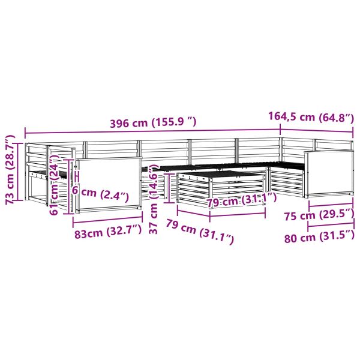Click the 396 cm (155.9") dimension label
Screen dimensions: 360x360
pos(154,123)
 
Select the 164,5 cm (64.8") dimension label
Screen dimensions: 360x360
pos(311,117)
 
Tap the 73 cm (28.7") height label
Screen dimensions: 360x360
pos(10,170)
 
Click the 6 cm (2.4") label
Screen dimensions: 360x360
pos(100,194)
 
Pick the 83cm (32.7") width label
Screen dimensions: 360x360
pos(108,233)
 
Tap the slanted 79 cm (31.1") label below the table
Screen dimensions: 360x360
pos(200,232)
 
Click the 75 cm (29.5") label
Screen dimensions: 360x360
pos(319,215)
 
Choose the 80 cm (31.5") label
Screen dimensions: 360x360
pos(319,237)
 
